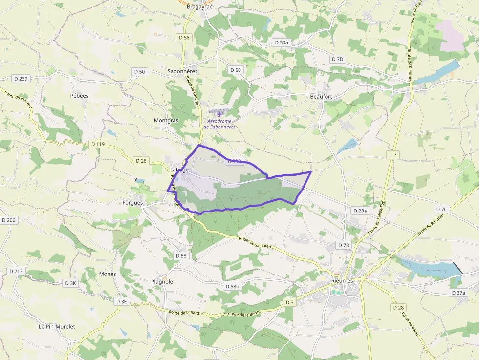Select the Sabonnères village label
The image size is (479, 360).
(182, 71)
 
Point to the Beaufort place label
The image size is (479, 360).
(321, 97)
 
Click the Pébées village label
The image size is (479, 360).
(79, 96)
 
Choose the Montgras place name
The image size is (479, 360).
(166, 120)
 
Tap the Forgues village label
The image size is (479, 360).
(132, 202)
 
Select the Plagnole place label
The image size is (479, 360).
(162, 282)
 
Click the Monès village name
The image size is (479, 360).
(108, 274)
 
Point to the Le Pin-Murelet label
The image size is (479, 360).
(57, 326)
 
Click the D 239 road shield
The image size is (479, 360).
(21, 79)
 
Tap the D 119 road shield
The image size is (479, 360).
(98, 144)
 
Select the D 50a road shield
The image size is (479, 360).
(282, 42)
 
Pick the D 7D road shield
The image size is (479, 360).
(338, 59)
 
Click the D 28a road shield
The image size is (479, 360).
(359, 211)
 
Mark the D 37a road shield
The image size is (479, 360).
(459, 293)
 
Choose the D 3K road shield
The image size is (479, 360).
(71, 283)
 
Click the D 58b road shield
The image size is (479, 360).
(233, 286)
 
